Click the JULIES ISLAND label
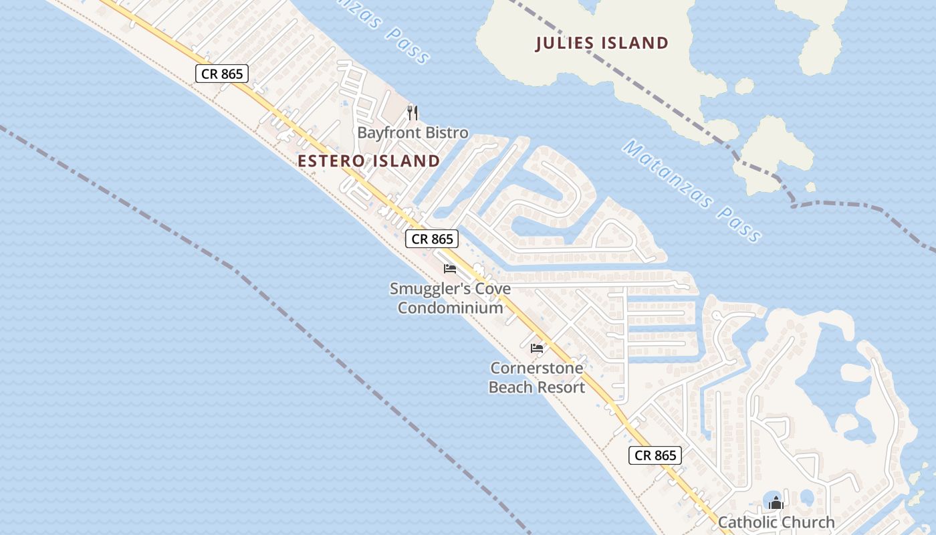click(602, 43)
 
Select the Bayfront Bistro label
click(413, 132)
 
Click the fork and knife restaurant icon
click(413, 113)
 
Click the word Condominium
click(450, 308)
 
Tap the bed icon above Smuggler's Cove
click(450, 269)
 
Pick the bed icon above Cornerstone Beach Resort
click(537, 348)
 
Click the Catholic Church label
click(776, 522)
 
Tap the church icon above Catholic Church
click(776, 502)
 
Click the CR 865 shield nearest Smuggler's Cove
click(432, 239)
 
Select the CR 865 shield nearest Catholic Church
click(655, 455)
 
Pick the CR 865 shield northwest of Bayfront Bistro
click(222, 74)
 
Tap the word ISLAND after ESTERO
click(407, 161)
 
